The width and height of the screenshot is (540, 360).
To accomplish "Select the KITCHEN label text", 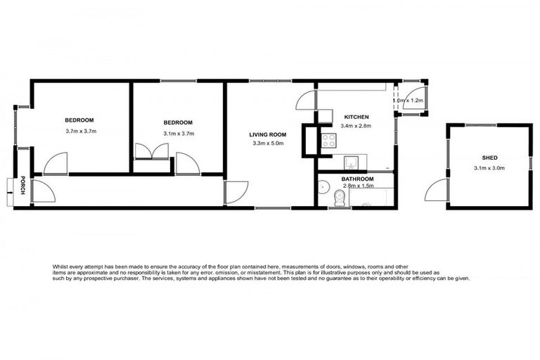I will click(356, 117).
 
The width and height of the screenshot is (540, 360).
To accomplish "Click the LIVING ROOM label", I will click(269, 135).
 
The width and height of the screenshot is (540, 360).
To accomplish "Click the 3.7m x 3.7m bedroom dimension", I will click(80, 131).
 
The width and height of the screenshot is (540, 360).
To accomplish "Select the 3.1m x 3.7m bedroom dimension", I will click(179, 133).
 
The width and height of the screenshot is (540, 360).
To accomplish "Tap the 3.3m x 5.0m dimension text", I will click(269, 144).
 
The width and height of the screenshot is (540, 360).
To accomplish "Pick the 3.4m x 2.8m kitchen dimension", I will click(356, 126).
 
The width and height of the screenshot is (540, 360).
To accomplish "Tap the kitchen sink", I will click(350, 163).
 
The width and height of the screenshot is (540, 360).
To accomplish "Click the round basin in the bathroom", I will click(323, 187).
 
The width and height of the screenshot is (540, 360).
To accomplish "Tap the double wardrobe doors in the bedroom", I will click(150, 150).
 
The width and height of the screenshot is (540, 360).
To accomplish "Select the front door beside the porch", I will click(42, 191).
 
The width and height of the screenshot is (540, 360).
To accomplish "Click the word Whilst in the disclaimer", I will click(62, 266).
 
